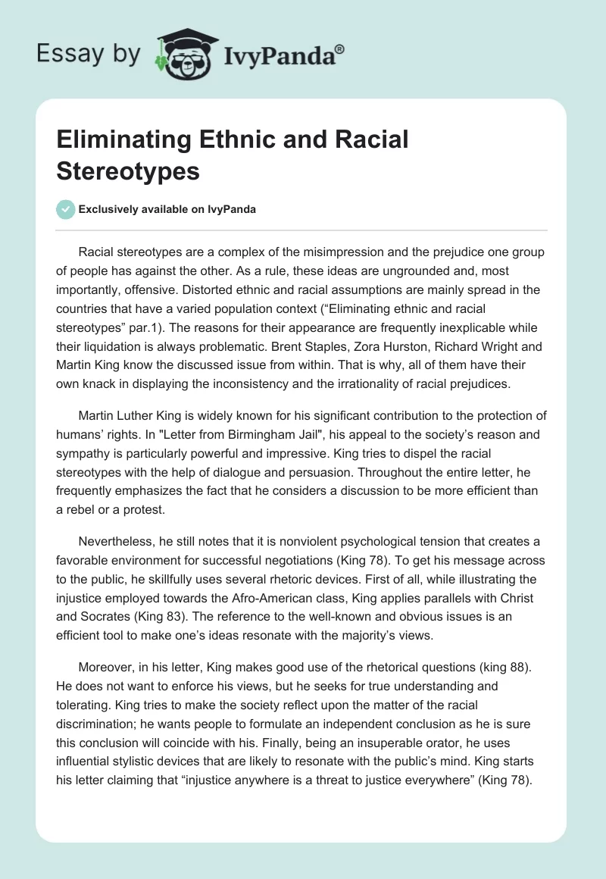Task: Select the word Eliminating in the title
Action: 124,140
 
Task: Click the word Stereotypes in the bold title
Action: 127,170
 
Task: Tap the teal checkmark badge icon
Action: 65,209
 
